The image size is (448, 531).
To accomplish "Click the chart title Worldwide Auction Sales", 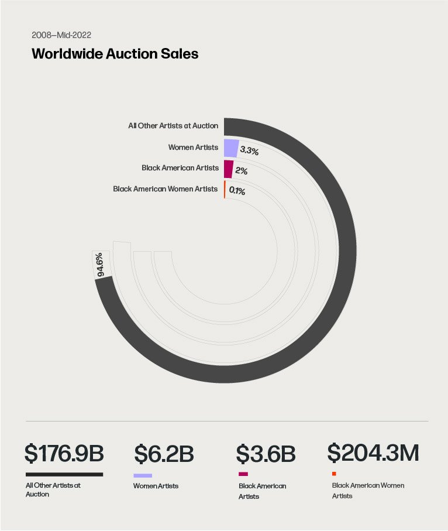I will (115, 54).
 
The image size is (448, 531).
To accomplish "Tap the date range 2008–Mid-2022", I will (61, 35).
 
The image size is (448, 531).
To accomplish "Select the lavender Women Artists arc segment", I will (231, 148).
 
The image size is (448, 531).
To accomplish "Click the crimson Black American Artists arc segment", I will (228, 169).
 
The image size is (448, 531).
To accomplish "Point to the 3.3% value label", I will (249, 150).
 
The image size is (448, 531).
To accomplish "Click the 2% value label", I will (241, 172).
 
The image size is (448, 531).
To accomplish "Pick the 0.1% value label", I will (237, 191).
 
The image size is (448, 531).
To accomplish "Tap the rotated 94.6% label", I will (99, 265).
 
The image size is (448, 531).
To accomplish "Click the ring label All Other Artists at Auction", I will (173, 125).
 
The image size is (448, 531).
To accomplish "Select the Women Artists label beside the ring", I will (193, 147).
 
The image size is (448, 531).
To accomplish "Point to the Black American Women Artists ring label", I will (166, 189).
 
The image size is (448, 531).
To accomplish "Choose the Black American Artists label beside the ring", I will (180, 168).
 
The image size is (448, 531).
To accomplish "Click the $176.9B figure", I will (64, 453).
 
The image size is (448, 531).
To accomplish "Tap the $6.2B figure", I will (164, 454).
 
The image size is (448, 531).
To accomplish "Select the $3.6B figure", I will (266, 454).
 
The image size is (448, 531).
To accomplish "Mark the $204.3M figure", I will (373, 452).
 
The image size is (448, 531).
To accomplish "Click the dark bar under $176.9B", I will (64, 474).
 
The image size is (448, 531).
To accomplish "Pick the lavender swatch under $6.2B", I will (143, 475).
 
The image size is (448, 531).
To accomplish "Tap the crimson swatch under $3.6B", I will (243, 474).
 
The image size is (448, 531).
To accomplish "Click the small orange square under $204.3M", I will (334, 473).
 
